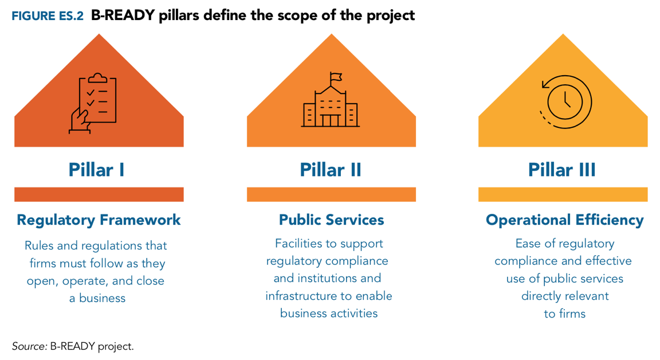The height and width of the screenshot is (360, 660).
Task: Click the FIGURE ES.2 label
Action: pos(48,16)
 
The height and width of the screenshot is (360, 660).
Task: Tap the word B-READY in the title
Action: pos(123,15)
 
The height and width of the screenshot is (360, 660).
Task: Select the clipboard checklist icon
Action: pos(93,103)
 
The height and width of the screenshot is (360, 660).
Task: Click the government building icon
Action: pos(331,100)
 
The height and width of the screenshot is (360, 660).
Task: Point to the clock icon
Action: pos(565,102)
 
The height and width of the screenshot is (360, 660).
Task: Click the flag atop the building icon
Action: pos(336,77)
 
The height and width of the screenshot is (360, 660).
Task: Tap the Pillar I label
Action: pos(96,170)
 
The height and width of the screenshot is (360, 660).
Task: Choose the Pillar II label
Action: pos(331,170)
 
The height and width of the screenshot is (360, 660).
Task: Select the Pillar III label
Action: pos(562,170)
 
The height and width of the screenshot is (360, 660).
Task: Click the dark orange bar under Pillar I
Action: pos(99,194)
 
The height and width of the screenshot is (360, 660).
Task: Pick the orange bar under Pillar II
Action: pos(331,194)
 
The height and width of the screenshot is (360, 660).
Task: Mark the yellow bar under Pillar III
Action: pos(563,194)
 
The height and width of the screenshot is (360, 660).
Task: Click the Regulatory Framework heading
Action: pos(99,220)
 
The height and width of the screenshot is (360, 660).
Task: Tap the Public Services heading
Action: pos(332,220)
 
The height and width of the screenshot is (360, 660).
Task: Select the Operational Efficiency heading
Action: pos(565,220)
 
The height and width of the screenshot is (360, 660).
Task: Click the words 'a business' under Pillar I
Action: pos(97,298)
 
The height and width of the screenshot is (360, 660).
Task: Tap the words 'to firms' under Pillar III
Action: pos(565,314)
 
